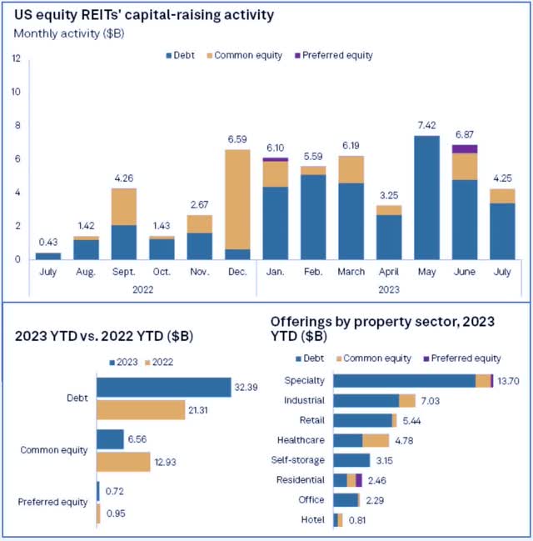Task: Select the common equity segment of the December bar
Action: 238,199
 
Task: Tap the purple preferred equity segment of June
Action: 465,149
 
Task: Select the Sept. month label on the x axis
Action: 123,272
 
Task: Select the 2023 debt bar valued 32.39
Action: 163,388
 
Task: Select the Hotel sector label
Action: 315,520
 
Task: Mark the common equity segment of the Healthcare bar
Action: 376,440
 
